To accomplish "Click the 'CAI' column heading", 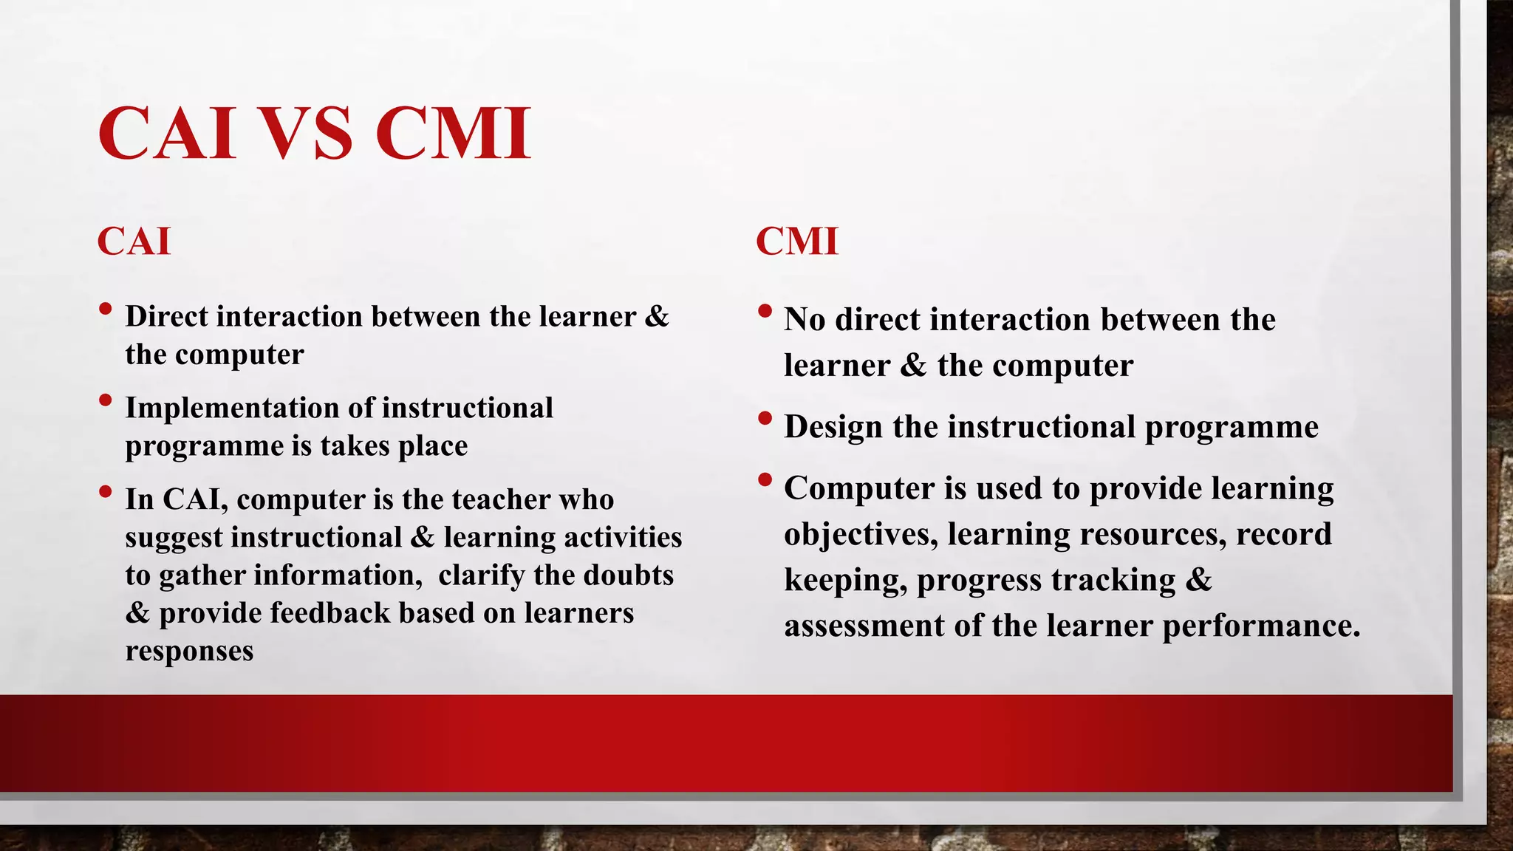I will tap(134, 242).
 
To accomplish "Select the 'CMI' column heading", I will tap(797, 242).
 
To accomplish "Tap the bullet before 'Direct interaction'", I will tap(105, 308).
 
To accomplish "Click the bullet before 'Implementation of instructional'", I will tap(105, 400).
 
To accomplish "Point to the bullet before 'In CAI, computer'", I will tap(105, 491).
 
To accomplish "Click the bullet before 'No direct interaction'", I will tap(765, 311).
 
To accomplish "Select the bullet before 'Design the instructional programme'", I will tap(765, 419).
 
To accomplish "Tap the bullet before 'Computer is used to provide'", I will tap(765, 480).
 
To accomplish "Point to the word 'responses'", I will tap(189, 651).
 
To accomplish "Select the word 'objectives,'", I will tap(861, 534).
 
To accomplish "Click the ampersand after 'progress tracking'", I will tap(1198, 580).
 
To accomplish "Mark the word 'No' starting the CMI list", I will tap(804, 320).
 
